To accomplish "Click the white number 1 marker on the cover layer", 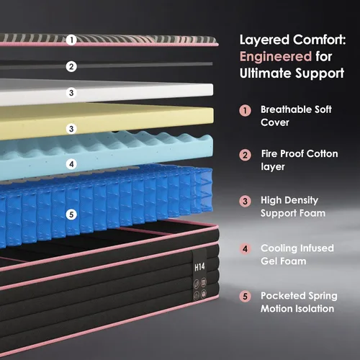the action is pyautogui.click(x=71, y=40).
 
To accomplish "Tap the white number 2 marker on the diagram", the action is pyautogui.click(x=71, y=66).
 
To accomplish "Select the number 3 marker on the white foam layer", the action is pyautogui.click(x=71, y=93).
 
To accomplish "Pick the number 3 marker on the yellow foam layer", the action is pyautogui.click(x=71, y=129).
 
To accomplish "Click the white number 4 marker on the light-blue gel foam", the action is pyautogui.click(x=71, y=164).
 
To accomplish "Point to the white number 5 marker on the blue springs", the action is pyautogui.click(x=71, y=215).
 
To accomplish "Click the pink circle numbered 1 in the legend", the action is pyautogui.click(x=245, y=111).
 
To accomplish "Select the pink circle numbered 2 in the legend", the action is pyautogui.click(x=245, y=155).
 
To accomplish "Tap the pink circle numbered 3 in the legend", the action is pyautogui.click(x=245, y=201).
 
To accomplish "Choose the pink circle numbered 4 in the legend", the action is pyautogui.click(x=245, y=249).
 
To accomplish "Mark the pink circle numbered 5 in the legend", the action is pyautogui.click(x=245, y=297).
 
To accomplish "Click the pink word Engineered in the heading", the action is pyautogui.click(x=276, y=57).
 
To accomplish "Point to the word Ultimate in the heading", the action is pyautogui.click(x=266, y=73).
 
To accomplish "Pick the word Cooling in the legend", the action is pyautogui.click(x=278, y=248).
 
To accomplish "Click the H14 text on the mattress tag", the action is pyautogui.click(x=199, y=267).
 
